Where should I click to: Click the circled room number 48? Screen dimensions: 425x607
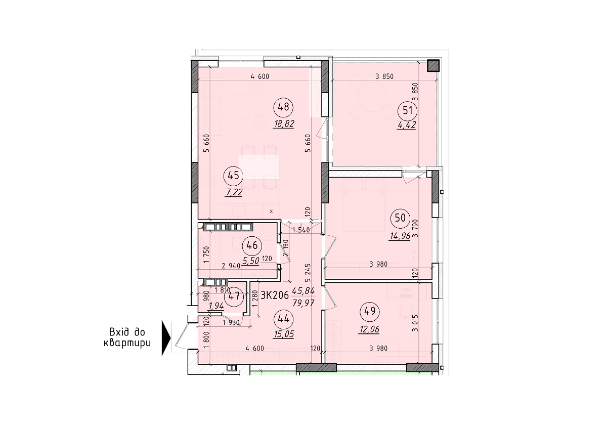pyautogui.click(x=283, y=107)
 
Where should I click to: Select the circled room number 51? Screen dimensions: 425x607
pyautogui.click(x=407, y=109)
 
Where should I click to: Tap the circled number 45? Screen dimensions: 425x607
pyautogui.click(x=234, y=176)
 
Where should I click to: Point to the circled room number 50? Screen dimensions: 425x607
pyautogui.click(x=400, y=219)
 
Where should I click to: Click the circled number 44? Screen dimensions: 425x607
pyautogui.click(x=283, y=318)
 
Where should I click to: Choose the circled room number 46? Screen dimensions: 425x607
pyautogui.click(x=251, y=246)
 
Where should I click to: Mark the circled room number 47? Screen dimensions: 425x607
pyautogui.click(x=234, y=296)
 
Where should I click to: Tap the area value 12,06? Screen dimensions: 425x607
pyautogui.click(x=369, y=329)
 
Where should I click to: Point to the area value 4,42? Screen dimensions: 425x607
pyautogui.click(x=407, y=125)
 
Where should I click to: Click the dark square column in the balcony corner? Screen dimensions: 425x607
pyautogui.click(x=433, y=66)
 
